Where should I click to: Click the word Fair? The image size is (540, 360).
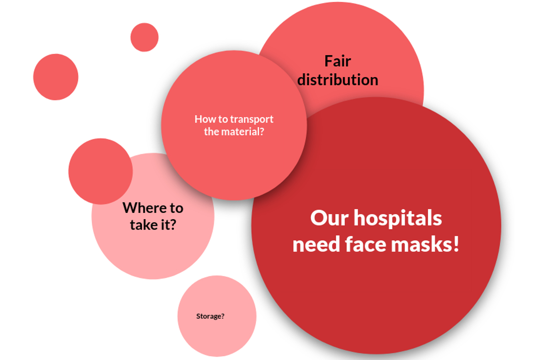(x=338, y=61)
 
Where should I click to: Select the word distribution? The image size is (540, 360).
(x=338, y=80)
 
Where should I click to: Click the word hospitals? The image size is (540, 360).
(x=398, y=218)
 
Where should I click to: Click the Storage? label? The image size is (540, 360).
(x=210, y=316)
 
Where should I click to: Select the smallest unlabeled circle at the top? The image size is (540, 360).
(x=144, y=37)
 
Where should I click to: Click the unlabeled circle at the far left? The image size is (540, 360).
(x=56, y=77)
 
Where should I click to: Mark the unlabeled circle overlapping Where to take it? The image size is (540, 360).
(x=100, y=171)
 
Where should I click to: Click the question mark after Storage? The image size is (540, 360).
(x=222, y=316)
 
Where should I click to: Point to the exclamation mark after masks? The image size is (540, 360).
(x=456, y=245)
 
